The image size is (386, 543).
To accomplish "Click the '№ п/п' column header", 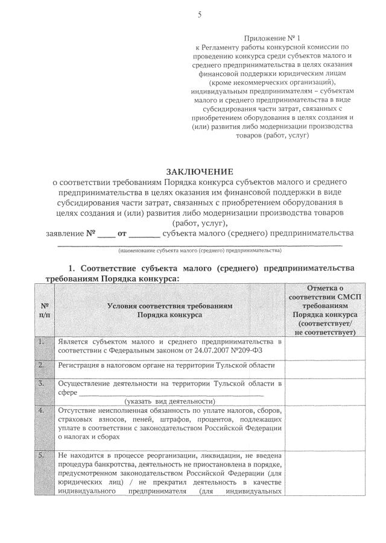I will [44, 310].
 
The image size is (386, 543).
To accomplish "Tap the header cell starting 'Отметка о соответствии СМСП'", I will [323, 310].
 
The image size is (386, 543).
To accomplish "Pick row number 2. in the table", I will [42, 365].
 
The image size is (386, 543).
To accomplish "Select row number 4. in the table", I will [42, 410].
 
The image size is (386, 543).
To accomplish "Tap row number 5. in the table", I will [42, 456].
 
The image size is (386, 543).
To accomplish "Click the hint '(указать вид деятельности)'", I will [170, 401].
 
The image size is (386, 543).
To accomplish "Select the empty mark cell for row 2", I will [323, 366].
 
